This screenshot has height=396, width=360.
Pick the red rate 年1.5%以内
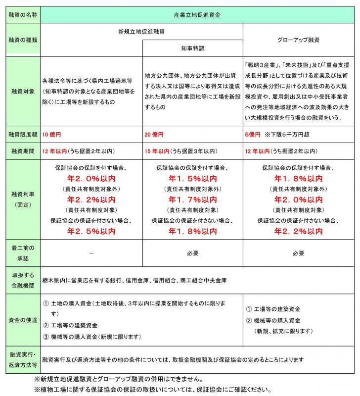point(193,179)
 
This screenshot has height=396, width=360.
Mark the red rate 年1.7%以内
point(193,200)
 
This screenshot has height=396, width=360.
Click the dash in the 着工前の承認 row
point(91,253)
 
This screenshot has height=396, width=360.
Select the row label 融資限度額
point(23,134)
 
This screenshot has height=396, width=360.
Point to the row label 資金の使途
point(23,320)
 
